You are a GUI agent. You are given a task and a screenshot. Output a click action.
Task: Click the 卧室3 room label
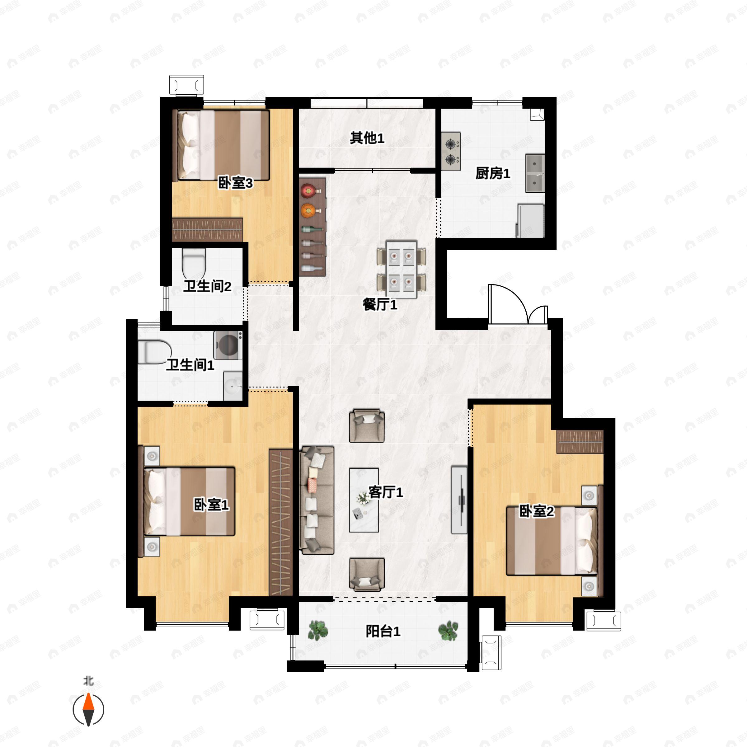(236, 183)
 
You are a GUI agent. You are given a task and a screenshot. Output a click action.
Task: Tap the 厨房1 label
(493, 174)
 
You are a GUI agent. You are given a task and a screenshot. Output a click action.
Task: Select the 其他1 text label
(367, 138)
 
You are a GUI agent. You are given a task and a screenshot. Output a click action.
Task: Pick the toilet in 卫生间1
(155, 352)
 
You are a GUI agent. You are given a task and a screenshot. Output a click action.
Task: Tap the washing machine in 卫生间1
(228, 345)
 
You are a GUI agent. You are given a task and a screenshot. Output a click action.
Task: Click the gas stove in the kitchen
(450, 152)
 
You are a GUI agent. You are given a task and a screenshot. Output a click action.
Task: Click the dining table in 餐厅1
(402, 270)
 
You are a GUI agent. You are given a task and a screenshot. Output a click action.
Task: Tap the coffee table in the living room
(364, 500)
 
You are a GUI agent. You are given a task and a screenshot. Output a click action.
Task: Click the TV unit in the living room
(459, 500)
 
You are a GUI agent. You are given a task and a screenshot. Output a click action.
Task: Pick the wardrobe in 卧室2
(580, 442)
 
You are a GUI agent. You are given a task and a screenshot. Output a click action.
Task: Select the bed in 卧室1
(187, 501)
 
